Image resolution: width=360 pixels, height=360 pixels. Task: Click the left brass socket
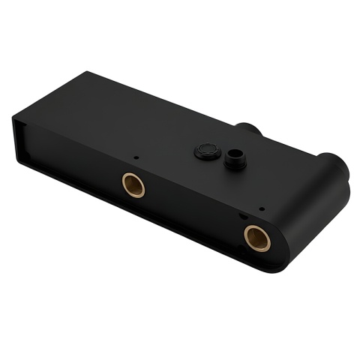click(133, 184)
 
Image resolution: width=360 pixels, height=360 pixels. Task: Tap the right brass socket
click(256, 237)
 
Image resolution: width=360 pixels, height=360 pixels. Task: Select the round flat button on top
click(207, 151)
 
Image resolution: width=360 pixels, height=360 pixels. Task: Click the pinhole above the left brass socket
click(135, 157)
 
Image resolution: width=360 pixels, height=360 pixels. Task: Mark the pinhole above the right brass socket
click(260, 208)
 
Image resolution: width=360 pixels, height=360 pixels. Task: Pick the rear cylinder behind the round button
click(250, 128)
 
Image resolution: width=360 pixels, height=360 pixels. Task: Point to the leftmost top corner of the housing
click(13, 118)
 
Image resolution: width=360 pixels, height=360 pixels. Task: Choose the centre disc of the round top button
click(207, 149)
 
